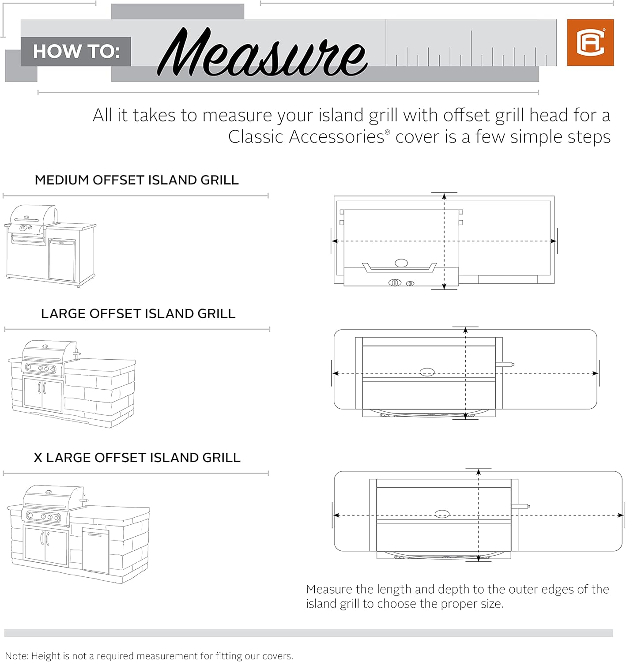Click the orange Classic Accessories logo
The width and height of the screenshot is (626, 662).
tap(590, 42)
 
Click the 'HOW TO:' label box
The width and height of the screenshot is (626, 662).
tap(76, 52)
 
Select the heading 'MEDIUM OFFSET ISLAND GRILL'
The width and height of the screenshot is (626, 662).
tap(137, 180)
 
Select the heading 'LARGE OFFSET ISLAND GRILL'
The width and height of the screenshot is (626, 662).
tap(138, 314)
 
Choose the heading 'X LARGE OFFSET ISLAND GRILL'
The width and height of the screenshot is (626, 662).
tap(137, 458)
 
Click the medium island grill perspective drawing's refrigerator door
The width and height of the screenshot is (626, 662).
tap(62, 259)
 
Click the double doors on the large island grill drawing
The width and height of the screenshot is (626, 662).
tap(43, 394)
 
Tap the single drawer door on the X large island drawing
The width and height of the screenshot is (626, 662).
tap(96, 551)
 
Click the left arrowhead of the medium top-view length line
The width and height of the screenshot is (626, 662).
tap(335, 241)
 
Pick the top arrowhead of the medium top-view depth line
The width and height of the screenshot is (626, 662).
tap(444, 196)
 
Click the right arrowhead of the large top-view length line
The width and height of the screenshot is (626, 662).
tap(596, 373)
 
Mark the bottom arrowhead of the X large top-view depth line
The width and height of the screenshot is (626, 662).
tap(479, 558)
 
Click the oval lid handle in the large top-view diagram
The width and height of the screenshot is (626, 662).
tap(427, 372)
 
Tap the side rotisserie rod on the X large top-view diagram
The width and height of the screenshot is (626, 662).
tap(520, 506)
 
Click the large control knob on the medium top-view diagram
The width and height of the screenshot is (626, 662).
tap(395, 282)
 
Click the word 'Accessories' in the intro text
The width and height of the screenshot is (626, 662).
tap(337, 137)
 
